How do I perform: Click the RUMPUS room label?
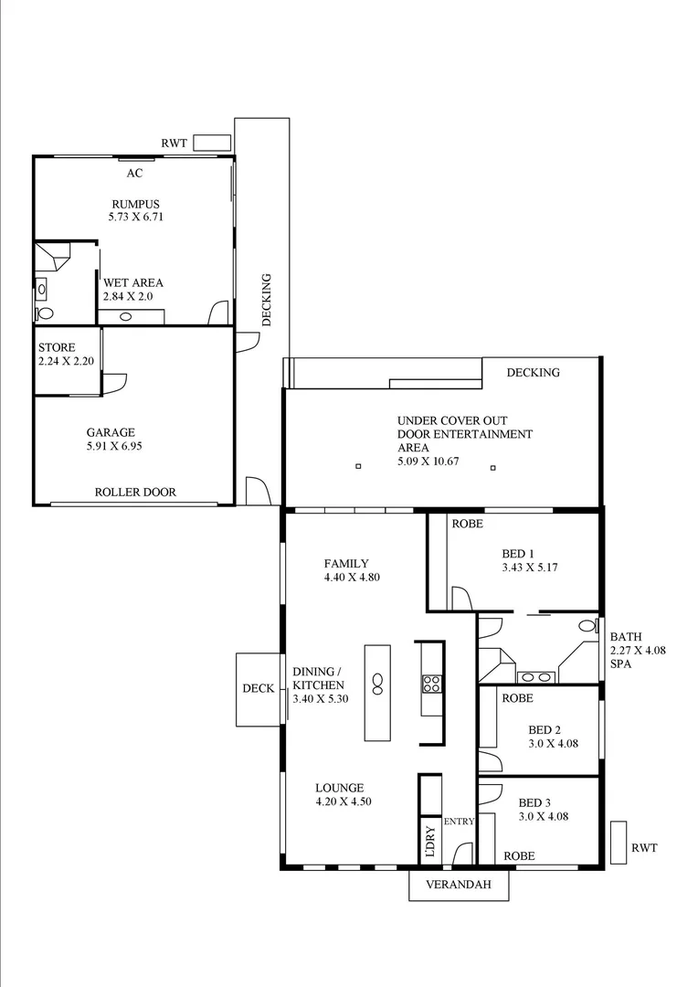[135, 204]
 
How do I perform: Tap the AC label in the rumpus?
[134, 173]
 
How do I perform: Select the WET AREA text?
[133, 283]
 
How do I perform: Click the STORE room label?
[57, 348]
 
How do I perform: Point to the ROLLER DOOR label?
[135, 493]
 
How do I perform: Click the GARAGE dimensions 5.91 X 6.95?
[111, 447]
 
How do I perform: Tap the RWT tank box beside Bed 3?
[619, 842]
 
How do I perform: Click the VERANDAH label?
[458, 885]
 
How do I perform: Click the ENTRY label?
[459, 822]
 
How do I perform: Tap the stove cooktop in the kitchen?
[431, 683]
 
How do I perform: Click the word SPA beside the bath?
[621, 663]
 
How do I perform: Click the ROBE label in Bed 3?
[518, 856]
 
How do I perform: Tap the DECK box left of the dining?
[259, 689]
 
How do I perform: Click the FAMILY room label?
[346, 564]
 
